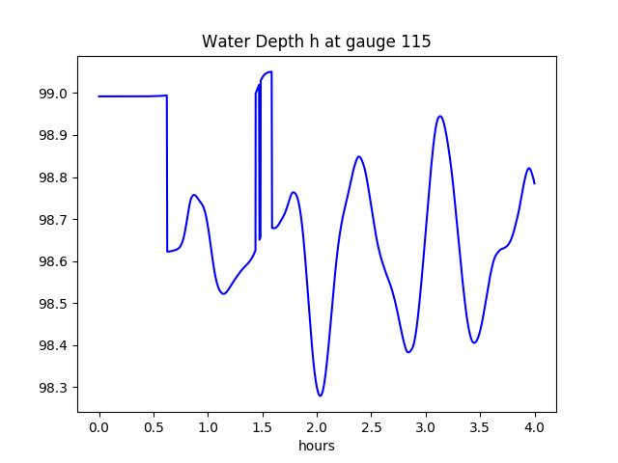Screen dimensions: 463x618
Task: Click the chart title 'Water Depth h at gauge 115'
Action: pos(316,42)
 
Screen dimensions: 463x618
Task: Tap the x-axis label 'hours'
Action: pos(316,447)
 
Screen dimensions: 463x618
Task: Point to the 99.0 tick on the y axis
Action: pos(54,94)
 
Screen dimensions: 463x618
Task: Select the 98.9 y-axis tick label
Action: pos(54,136)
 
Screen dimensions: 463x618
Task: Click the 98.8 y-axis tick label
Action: pos(54,178)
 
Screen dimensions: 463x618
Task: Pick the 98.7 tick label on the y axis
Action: pos(54,220)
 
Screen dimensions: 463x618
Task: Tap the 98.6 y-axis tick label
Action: pos(54,262)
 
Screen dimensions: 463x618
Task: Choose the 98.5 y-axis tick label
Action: pos(54,304)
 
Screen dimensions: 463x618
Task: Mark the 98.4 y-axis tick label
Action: pos(54,346)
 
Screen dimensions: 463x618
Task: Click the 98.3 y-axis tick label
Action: pos(54,388)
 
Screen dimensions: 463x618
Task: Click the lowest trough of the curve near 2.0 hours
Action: pos(321,395)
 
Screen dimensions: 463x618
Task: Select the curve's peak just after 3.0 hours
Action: pos(440,116)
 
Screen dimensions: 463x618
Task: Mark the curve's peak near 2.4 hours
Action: pos(359,156)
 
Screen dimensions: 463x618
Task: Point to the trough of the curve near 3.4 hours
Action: pos(474,342)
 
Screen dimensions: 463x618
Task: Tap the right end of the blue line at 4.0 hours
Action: pos(535,183)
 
